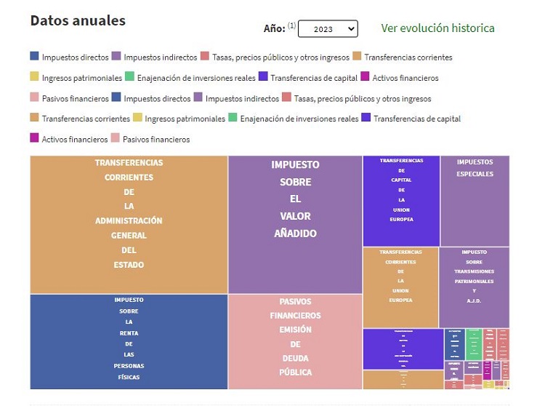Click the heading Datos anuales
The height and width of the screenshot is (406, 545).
click(78, 20)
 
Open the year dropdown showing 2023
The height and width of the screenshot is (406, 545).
click(328, 28)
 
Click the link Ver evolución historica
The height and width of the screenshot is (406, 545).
click(437, 28)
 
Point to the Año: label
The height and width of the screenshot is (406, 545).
click(274, 28)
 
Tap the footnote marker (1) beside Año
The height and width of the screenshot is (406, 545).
click(291, 25)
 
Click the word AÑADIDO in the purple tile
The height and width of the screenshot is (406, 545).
click(295, 234)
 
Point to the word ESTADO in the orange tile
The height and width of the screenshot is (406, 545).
click(129, 265)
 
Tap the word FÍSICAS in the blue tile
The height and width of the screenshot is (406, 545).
click(128, 377)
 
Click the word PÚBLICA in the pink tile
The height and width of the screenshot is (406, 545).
click(295, 372)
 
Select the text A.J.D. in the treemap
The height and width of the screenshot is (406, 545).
click(474, 300)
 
